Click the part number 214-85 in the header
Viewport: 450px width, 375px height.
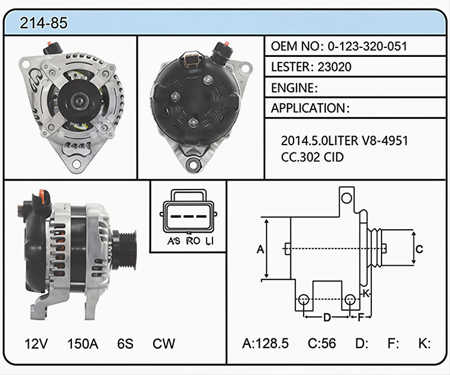click(x=44, y=23)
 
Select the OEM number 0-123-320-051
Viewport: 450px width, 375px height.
click(x=367, y=46)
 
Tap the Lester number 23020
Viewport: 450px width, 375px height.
click(x=334, y=67)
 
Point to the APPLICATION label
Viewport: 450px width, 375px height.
click(x=308, y=108)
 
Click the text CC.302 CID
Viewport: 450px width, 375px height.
click(x=312, y=157)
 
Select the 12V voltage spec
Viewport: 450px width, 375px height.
click(x=36, y=343)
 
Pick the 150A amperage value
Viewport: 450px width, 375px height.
click(x=83, y=343)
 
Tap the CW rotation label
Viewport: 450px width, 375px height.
click(x=164, y=343)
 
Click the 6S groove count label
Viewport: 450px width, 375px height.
click(x=125, y=343)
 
